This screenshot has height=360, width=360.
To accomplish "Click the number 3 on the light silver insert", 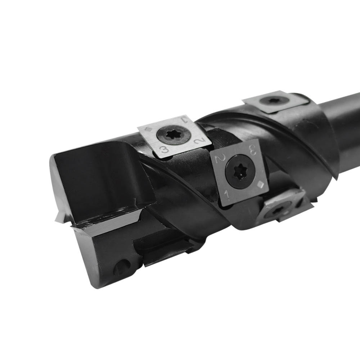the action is tap(165, 149).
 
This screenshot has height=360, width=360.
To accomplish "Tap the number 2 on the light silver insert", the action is tap(198, 140).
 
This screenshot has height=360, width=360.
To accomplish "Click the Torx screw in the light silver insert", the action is tap(174, 135).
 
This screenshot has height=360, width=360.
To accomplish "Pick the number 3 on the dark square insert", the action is tap(252, 149).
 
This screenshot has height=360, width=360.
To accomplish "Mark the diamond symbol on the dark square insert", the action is tap(260, 184).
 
